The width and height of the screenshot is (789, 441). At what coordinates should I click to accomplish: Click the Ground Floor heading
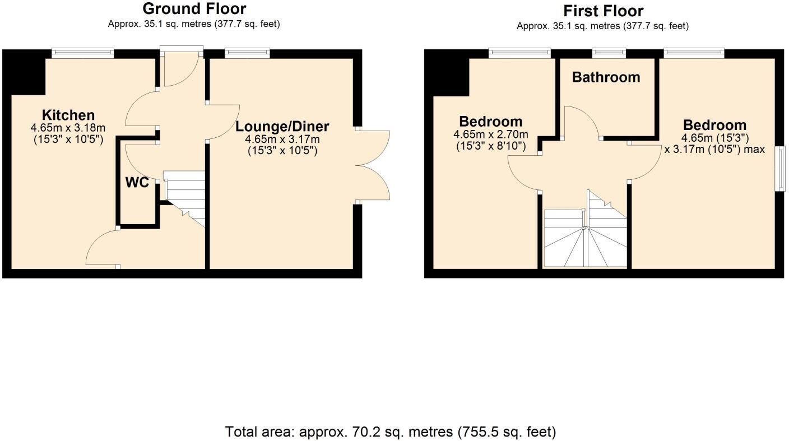(x=194, y=9)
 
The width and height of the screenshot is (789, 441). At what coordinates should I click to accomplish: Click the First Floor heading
(x=603, y=11)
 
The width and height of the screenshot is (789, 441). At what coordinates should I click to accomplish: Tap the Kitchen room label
(x=69, y=115)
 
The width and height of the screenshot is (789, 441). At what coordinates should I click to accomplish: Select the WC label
(x=137, y=183)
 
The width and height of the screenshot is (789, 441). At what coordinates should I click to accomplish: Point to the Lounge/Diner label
(x=282, y=127)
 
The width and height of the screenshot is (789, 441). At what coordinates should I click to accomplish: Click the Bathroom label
(x=606, y=77)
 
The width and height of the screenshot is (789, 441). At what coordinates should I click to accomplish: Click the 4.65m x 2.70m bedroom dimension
(x=491, y=134)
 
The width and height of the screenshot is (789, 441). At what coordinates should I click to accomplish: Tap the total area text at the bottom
(x=391, y=432)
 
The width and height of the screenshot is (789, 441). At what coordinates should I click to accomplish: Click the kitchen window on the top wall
(x=83, y=53)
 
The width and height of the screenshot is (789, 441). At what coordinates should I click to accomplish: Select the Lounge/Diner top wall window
(x=247, y=53)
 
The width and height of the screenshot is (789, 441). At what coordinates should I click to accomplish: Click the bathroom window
(x=610, y=53)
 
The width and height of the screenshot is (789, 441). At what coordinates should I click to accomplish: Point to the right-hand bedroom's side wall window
(x=779, y=169)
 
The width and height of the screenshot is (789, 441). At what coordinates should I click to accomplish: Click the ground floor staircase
(x=185, y=196)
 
